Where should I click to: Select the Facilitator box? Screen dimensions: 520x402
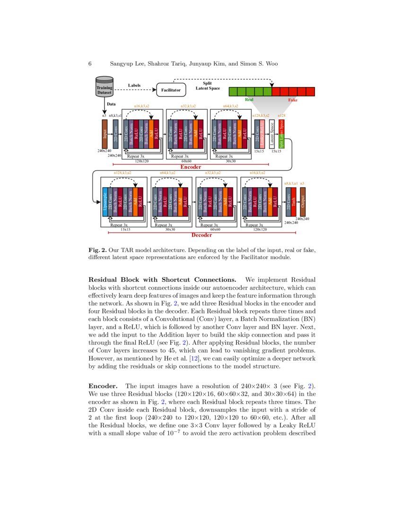click(171, 89)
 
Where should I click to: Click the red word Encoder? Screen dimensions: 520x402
click(191, 167)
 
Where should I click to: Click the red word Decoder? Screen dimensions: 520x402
click(201, 235)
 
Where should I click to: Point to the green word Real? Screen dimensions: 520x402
click(250, 100)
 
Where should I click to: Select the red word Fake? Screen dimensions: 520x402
click(293, 100)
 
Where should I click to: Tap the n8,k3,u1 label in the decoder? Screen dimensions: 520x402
click(290, 182)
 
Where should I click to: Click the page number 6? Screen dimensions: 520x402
click(90, 63)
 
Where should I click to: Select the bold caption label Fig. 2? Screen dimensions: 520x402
click(97, 250)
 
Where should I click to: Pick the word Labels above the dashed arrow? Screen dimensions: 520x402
click(134, 86)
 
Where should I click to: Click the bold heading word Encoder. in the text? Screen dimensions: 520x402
click(104, 386)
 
